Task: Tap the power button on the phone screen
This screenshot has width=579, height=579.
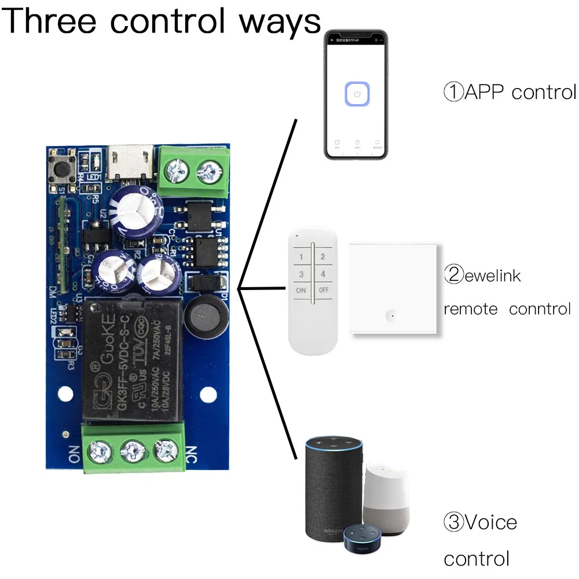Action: point(357,94)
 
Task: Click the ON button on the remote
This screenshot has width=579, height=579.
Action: point(301,291)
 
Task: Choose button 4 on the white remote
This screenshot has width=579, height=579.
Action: point(323,274)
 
